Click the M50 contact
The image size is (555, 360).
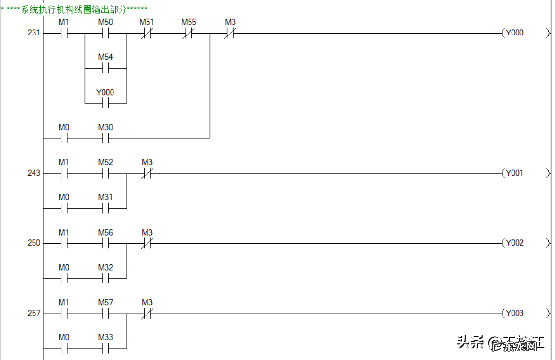(x=105, y=34)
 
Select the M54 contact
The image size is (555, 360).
(x=105, y=69)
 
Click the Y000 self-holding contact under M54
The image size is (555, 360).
(x=105, y=103)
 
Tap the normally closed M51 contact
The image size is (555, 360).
(x=147, y=34)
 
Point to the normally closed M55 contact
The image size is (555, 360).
(x=189, y=34)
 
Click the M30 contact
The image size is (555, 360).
(x=105, y=138)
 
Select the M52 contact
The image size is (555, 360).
(x=105, y=173)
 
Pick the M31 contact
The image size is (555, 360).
(x=105, y=208)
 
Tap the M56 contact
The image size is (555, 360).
(x=105, y=243)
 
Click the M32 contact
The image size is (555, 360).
(x=105, y=278)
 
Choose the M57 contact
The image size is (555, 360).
(x=105, y=313)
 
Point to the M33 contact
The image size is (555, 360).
(x=105, y=348)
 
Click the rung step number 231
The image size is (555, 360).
(x=34, y=33)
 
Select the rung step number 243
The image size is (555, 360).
(x=34, y=173)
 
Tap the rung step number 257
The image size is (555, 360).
(x=34, y=313)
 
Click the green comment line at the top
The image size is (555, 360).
(x=74, y=9)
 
